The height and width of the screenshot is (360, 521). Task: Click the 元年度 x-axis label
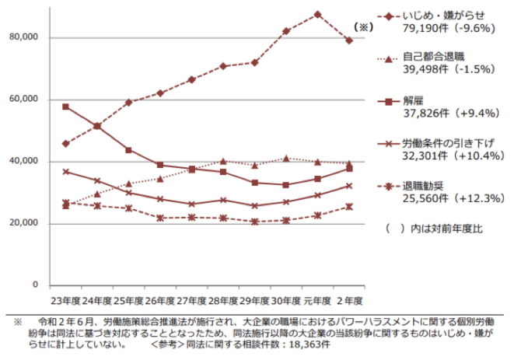(x=318, y=299)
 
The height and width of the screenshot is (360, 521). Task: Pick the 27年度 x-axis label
(x=192, y=299)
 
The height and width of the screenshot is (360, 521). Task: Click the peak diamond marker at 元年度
(x=317, y=14)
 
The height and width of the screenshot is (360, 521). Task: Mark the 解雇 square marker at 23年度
(x=66, y=107)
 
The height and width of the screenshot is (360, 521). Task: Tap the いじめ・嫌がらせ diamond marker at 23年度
(x=66, y=144)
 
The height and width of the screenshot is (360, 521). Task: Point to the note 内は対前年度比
(x=444, y=229)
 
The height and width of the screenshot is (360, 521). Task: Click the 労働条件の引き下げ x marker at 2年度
(x=349, y=186)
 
